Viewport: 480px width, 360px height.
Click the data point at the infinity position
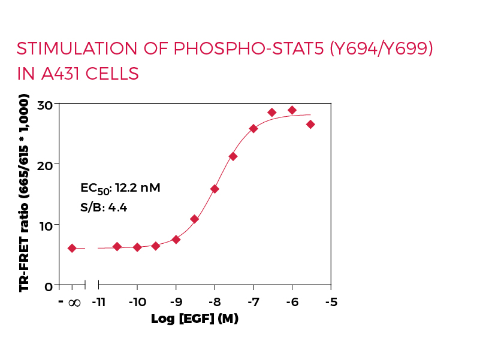coord(72,248)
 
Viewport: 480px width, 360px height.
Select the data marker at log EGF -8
coord(215,189)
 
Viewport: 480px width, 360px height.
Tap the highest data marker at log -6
coord(292,110)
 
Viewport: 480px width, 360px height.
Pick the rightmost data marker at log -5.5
coord(310,124)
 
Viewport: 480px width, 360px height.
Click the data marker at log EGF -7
coord(253,129)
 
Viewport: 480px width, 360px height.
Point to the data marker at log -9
coord(176,239)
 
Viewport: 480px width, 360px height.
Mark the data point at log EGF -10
coord(137,247)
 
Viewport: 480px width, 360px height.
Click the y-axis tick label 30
coord(45,104)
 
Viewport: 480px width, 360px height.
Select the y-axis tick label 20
coord(45,164)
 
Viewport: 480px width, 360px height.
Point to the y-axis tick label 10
coord(45,225)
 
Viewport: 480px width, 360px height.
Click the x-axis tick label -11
coord(98,301)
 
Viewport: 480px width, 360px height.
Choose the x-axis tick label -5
coord(330,301)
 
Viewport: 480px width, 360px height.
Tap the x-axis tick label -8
coord(215,301)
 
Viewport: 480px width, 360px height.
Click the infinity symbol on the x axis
coord(74,302)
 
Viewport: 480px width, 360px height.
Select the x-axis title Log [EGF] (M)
coord(195,318)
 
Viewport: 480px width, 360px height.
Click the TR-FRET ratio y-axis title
coord(25,193)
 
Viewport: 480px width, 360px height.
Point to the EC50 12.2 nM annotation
coord(120,189)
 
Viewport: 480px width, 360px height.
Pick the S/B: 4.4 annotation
coord(104,208)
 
